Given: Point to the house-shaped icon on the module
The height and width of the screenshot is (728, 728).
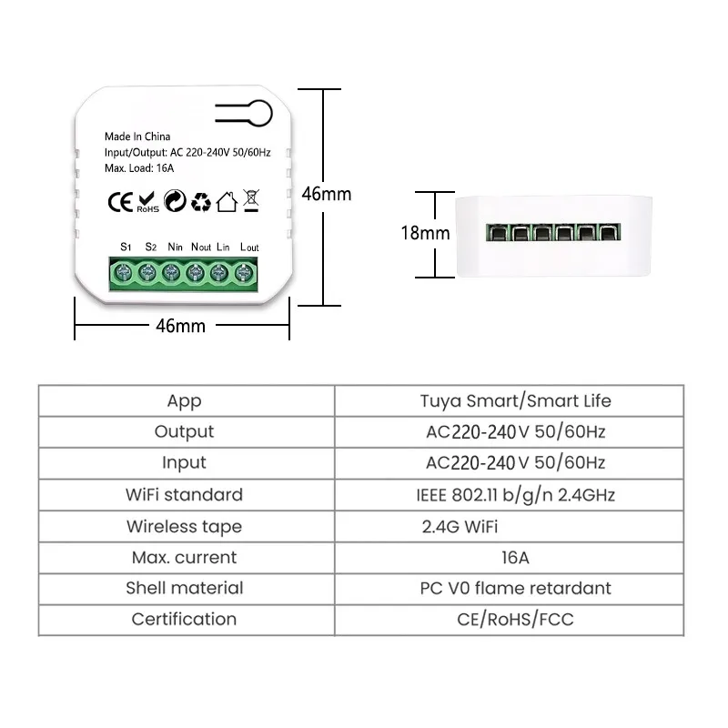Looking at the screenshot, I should [x=227, y=200].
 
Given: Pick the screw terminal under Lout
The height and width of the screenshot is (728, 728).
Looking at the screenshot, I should [x=244, y=271].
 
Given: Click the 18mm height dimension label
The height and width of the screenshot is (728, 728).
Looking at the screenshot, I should [x=426, y=232].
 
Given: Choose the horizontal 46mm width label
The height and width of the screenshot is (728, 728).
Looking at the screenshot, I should [x=180, y=325].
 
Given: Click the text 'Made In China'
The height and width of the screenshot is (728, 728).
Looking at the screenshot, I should [x=137, y=136].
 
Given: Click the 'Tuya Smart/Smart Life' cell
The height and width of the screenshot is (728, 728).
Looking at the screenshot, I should [x=515, y=400].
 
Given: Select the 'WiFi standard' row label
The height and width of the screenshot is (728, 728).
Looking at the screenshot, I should [x=184, y=495].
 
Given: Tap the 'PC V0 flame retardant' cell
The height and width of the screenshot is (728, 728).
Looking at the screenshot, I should [x=515, y=588].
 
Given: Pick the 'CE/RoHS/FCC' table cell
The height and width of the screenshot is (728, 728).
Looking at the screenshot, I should [x=515, y=619].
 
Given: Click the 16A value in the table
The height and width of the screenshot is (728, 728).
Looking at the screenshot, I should [x=515, y=557].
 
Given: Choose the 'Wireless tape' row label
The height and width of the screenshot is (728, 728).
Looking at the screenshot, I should [x=184, y=526].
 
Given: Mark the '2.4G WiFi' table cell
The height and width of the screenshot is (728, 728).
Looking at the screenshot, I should [x=459, y=526].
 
